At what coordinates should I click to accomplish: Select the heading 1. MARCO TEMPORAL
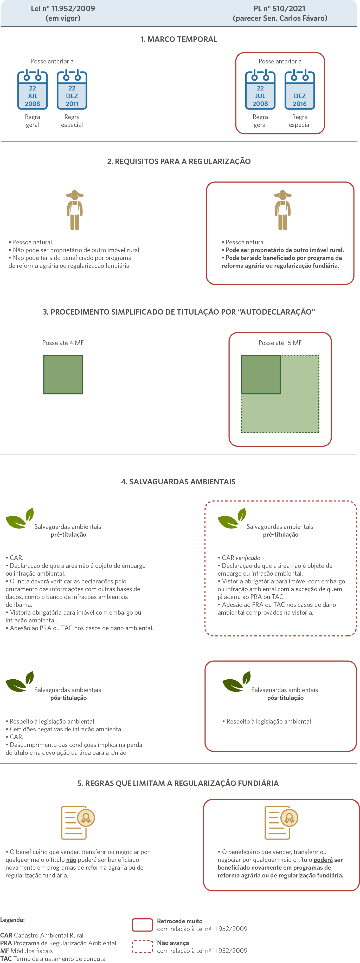(179, 39)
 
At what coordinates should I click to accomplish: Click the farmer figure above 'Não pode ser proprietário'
(75, 210)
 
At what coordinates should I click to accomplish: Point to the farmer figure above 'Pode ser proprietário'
(283, 210)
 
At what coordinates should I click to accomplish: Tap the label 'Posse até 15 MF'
(280, 343)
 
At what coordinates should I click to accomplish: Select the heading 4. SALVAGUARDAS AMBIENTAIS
(178, 482)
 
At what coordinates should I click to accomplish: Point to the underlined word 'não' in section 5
(72, 860)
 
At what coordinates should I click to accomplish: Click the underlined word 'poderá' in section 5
(323, 860)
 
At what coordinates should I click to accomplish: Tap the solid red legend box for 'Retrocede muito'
(143, 925)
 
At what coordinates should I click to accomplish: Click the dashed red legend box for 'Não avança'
(143, 947)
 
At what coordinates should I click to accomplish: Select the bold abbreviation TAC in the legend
(6, 959)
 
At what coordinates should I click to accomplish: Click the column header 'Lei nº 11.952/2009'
(63, 9)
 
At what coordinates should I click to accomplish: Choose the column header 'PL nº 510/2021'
(279, 9)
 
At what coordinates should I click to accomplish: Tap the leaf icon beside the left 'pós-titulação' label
(20, 681)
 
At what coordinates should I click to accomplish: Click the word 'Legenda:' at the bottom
(12, 920)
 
